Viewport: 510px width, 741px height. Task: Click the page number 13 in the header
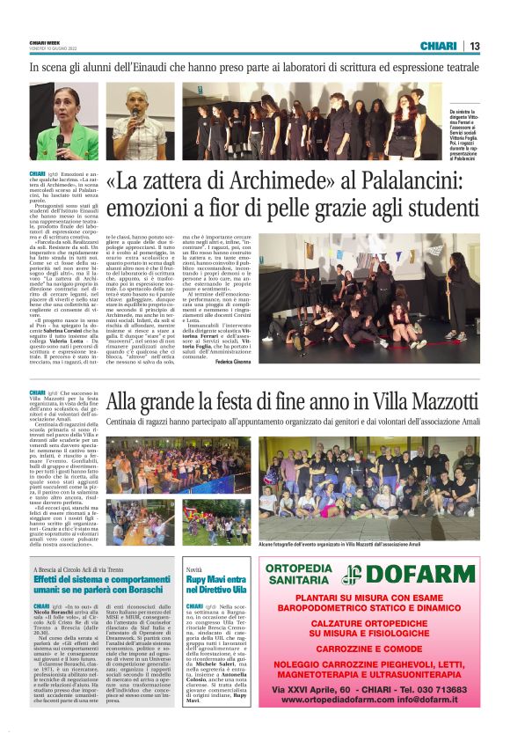coord(475,46)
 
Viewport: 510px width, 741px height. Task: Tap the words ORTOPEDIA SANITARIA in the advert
coord(298,574)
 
